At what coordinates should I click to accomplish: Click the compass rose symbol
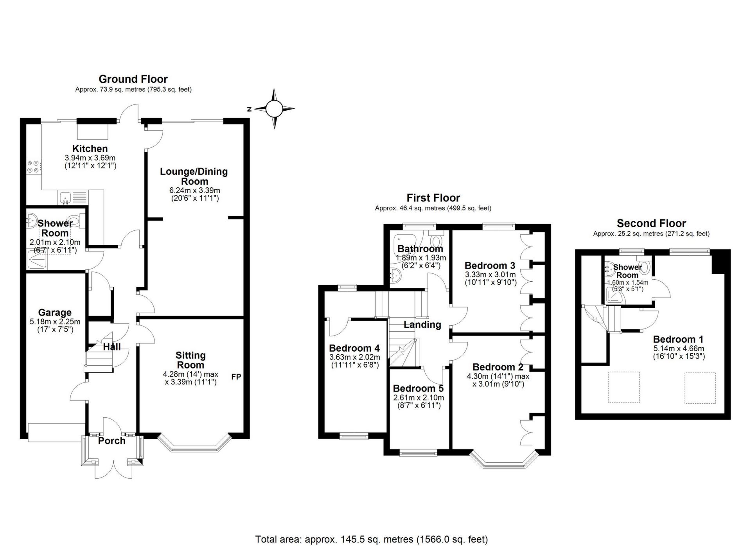(x=274, y=109)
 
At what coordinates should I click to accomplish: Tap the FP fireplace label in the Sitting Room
(x=236, y=377)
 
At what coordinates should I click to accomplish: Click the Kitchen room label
(x=90, y=149)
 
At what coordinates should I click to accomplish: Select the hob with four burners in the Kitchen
(x=33, y=167)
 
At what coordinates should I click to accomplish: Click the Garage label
(x=55, y=313)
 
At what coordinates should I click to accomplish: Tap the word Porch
(x=112, y=441)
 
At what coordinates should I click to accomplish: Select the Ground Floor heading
(x=133, y=79)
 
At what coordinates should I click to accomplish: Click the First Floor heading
(x=433, y=198)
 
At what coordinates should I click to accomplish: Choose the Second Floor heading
(x=651, y=223)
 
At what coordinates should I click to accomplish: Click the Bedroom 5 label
(x=418, y=388)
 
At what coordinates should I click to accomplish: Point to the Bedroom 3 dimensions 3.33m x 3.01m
(x=490, y=275)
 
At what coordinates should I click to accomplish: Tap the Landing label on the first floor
(x=422, y=325)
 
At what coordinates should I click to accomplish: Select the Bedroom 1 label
(x=678, y=339)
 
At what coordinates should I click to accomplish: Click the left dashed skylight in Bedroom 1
(x=624, y=387)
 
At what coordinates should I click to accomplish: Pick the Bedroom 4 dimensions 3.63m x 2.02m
(x=354, y=357)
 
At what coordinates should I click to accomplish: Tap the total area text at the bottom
(x=371, y=539)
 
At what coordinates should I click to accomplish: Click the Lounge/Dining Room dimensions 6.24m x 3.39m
(x=194, y=190)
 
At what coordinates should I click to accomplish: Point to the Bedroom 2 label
(x=498, y=367)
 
